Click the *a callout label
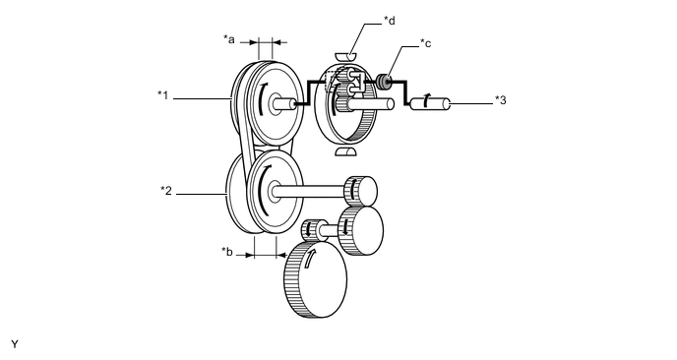229,39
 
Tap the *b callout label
227,251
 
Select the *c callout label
426,43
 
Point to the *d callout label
390,21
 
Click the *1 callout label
162,95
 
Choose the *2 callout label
166,191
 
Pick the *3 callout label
501,100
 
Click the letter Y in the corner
15,344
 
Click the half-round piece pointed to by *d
345,56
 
